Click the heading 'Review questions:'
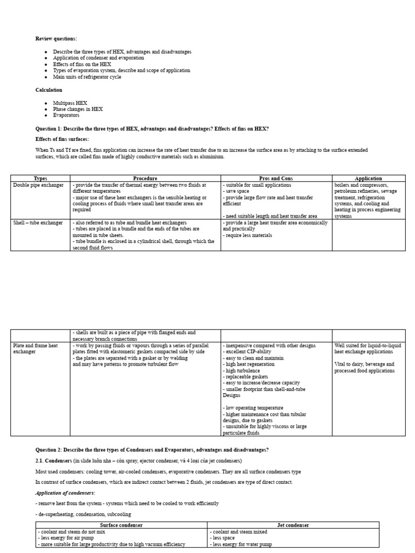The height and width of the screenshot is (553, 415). pos(56,39)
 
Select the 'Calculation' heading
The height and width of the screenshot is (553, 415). pos(49,90)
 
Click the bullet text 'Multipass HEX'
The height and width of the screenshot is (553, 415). pos(70,103)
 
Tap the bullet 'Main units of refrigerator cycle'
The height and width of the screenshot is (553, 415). pos(87,77)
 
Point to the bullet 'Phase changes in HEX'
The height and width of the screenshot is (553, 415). pos(78,109)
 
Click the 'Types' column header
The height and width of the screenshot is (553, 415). pos(41,178)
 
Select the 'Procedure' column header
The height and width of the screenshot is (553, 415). pos(145,178)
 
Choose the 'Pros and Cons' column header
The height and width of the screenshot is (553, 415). pos(276,178)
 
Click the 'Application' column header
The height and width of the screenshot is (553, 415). pos(369,178)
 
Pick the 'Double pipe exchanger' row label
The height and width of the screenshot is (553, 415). pos(38,185)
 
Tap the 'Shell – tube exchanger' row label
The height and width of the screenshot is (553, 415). pos(38,222)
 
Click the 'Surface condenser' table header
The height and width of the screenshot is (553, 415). pos(122,525)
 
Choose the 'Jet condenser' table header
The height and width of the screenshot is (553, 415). pos(293,525)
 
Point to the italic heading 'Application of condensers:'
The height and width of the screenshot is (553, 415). pos(65,493)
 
